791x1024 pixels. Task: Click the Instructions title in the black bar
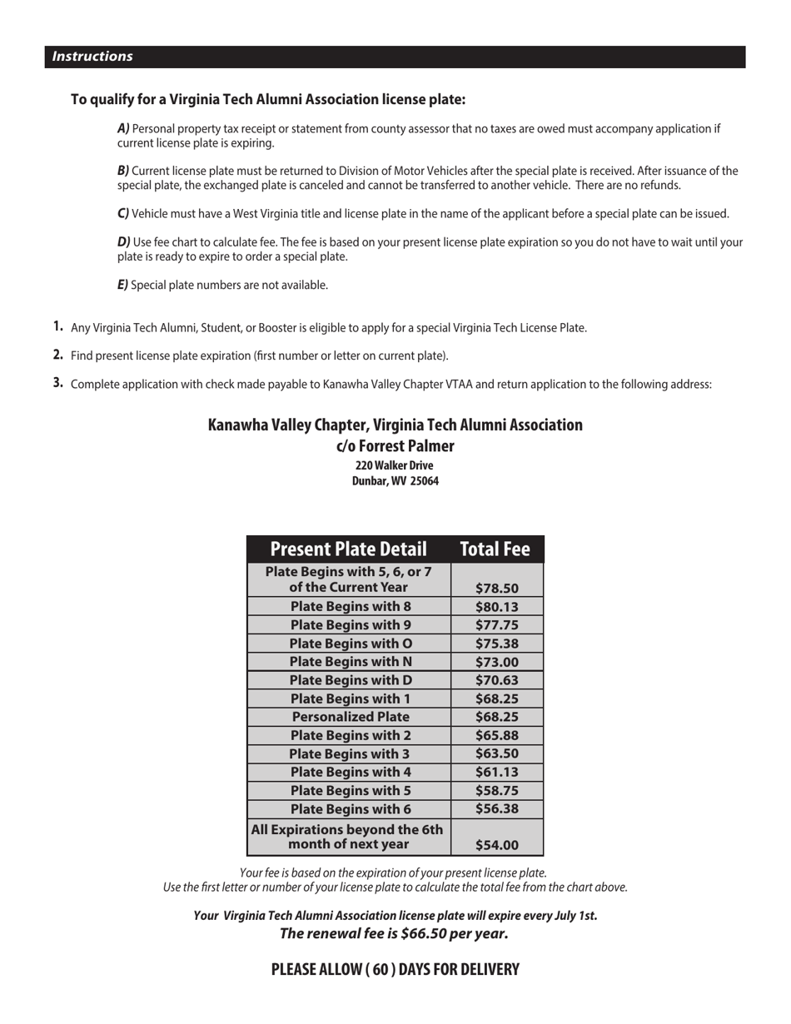(x=92, y=57)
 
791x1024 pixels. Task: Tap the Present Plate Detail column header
(x=348, y=549)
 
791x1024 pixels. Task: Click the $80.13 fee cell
(x=496, y=607)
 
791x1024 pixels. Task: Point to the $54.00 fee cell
(x=496, y=845)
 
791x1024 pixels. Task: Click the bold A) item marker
(x=123, y=129)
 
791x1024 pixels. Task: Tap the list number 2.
(x=57, y=355)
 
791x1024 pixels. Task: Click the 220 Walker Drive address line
(x=394, y=465)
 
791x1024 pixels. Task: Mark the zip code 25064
(x=424, y=481)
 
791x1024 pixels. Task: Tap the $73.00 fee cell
(x=496, y=662)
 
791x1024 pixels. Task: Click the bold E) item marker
(x=122, y=285)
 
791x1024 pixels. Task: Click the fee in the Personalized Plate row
(x=496, y=717)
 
